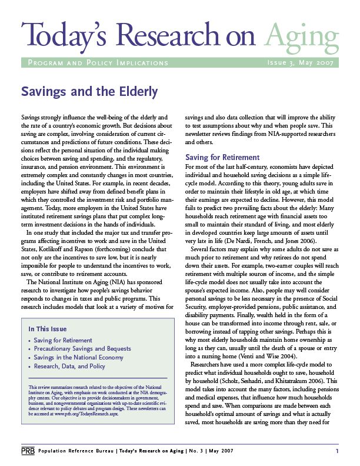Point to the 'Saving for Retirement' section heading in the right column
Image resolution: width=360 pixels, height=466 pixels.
[222, 157]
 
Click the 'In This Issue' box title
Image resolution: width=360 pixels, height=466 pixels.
[48, 329]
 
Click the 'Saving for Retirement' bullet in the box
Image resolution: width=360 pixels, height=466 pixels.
[62, 340]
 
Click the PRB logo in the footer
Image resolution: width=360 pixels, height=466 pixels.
[27, 451]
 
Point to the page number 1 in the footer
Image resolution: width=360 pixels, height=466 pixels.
[337, 451]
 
